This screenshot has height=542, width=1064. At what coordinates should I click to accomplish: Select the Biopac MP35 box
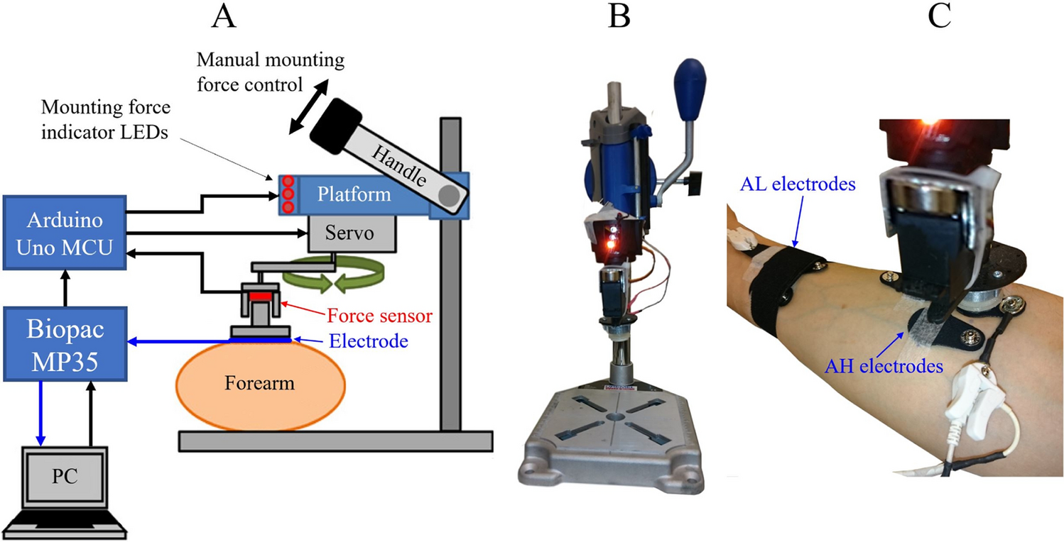click(x=64, y=343)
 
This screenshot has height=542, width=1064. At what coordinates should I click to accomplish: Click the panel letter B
click(x=620, y=18)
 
